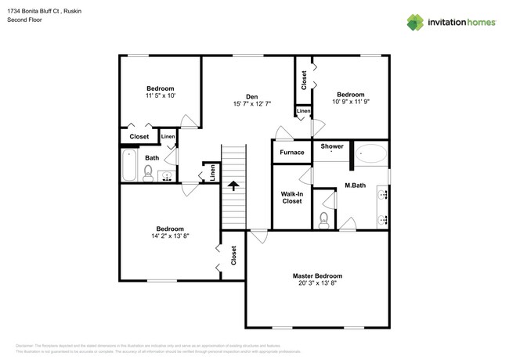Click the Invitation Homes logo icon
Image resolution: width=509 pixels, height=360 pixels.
415,22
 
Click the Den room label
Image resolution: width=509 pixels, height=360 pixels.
251,96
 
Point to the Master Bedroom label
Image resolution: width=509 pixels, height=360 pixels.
317,276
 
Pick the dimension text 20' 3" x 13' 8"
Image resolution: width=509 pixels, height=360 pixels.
317,284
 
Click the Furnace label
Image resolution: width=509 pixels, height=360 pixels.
291,152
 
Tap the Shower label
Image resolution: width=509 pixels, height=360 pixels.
332,146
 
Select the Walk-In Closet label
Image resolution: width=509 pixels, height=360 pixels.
291,196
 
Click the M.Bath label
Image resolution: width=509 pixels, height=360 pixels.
356,186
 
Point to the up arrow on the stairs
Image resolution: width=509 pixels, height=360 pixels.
233,186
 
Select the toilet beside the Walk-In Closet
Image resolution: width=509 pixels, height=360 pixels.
324,218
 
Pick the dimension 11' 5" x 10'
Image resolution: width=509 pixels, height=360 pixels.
160,95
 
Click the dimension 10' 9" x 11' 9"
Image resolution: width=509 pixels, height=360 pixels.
350,101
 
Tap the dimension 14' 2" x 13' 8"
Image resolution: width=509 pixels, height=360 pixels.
168,236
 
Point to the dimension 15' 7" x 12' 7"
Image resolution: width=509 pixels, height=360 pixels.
251,104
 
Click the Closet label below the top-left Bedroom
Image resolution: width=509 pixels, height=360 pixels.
139,137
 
